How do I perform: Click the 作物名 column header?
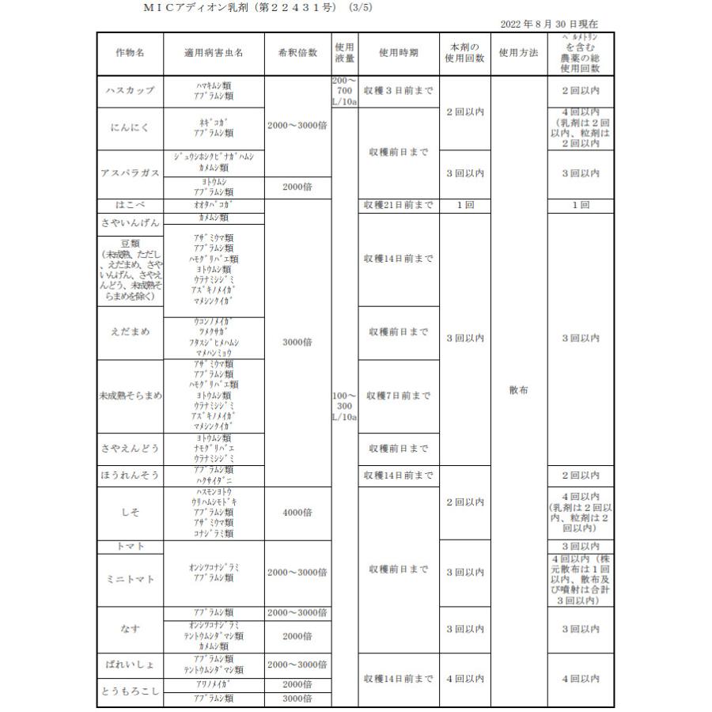tap(130, 53)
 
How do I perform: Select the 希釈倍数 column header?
tap(297, 53)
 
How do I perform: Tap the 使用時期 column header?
tap(399, 53)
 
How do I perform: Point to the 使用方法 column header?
tap(519, 53)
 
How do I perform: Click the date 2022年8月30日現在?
tap(549, 25)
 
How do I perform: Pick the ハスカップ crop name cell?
tap(130, 91)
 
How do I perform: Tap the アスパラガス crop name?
tap(130, 173)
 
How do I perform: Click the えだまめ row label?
tap(130, 332)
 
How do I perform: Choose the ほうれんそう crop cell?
tap(130, 475)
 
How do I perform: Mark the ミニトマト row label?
tap(130, 579)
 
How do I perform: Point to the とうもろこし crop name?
tap(130, 691)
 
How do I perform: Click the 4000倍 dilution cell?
tap(297, 513)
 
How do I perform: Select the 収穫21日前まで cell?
tap(399, 206)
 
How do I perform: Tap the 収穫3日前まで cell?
tap(399, 91)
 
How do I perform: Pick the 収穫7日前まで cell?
tap(399, 396)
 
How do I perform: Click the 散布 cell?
tap(519, 390)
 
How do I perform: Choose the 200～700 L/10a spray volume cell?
tap(345, 91)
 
